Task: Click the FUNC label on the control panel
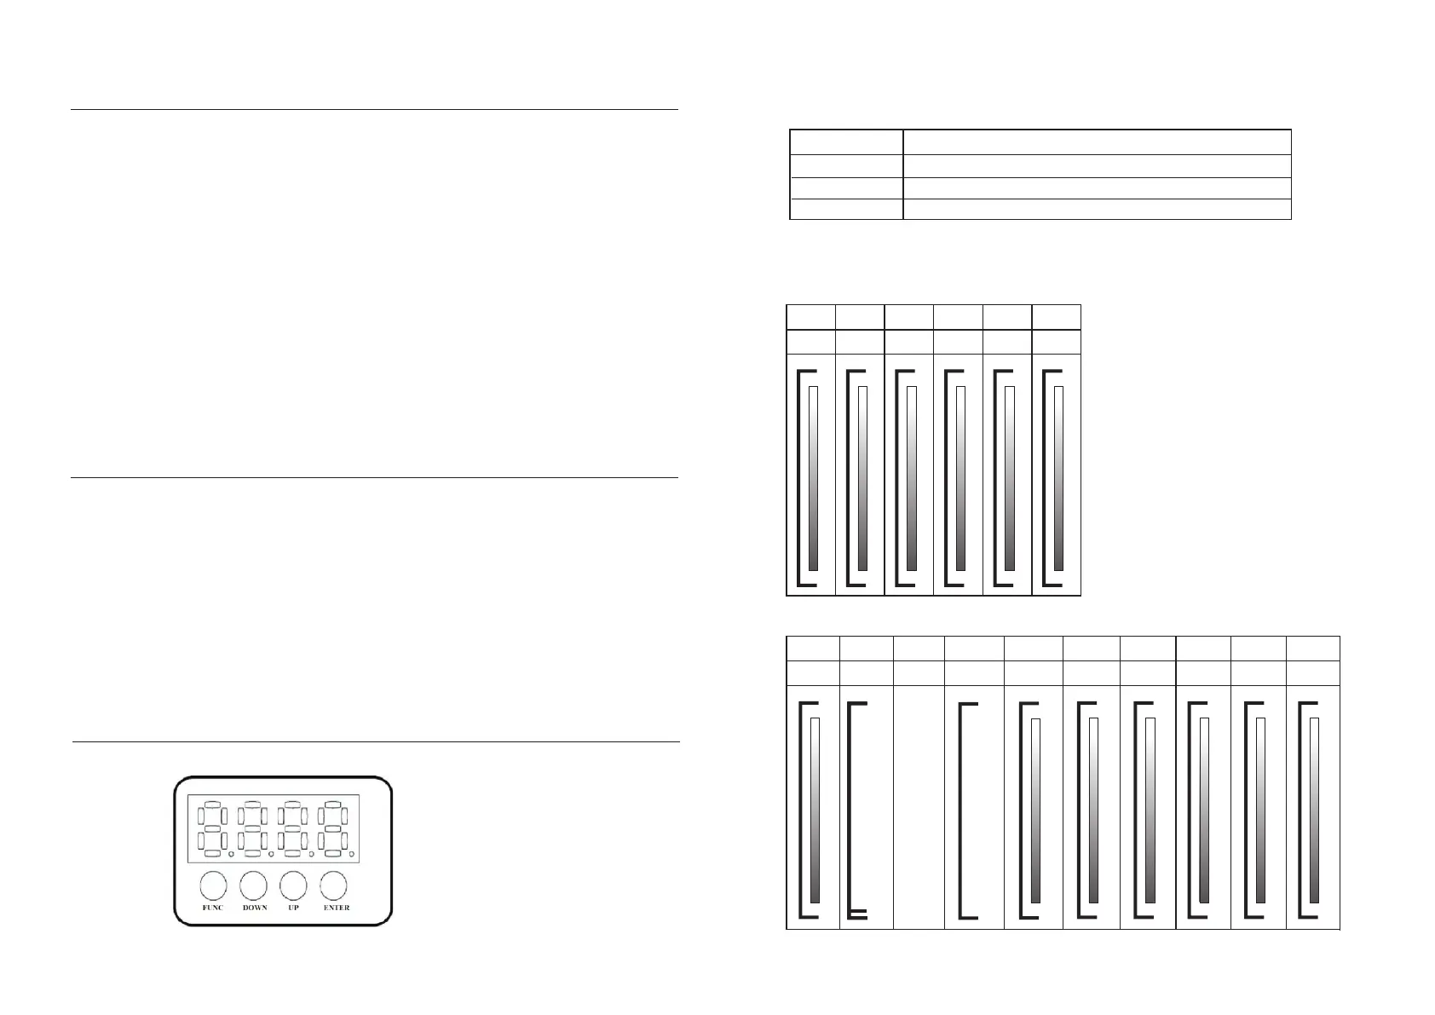click(212, 908)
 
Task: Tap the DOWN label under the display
click(255, 908)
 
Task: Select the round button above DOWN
click(254, 885)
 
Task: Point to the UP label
click(294, 908)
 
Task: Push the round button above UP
click(294, 885)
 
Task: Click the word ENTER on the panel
click(337, 908)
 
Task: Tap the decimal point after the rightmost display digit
click(351, 854)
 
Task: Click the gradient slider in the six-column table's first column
click(813, 478)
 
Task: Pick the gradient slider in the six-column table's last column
click(1059, 478)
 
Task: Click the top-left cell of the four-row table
click(846, 141)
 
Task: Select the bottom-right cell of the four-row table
click(1096, 209)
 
